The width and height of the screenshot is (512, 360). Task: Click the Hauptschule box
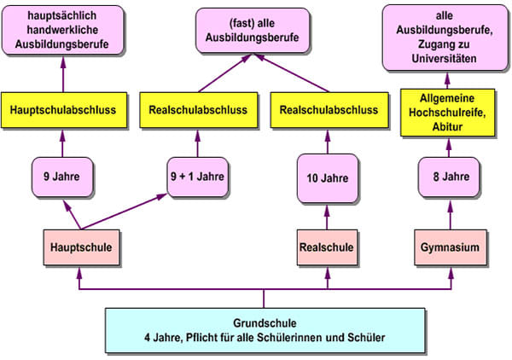point(81,247)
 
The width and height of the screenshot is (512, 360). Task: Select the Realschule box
point(327,247)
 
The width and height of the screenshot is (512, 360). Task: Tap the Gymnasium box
point(451,247)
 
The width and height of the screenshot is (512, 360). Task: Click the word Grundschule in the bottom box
point(265,323)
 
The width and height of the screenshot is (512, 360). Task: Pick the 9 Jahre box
point(62,177)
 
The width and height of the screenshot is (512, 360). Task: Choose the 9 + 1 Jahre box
point(198,177)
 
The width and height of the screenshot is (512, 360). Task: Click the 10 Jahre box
point(328,178)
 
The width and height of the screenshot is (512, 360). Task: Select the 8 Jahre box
point(449,177)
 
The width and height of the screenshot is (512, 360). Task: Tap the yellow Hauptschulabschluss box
point(64,110)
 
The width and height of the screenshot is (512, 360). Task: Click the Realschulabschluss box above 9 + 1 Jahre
point(199,110)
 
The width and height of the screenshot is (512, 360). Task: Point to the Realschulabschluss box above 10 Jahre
point(329,110)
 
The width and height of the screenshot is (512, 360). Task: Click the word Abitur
point(447,126)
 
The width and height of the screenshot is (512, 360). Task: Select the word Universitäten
point(444,58)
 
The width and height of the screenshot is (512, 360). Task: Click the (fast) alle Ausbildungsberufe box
point(253,31)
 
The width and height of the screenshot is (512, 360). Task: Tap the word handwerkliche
point(62,30)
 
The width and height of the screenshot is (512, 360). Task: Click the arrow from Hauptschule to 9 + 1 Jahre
point(124,212)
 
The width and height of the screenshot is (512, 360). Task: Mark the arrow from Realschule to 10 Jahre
point(327,218)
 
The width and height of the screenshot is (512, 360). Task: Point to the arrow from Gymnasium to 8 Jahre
point(451,215)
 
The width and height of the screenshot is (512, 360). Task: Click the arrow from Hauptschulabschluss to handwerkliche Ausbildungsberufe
point(63,75)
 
